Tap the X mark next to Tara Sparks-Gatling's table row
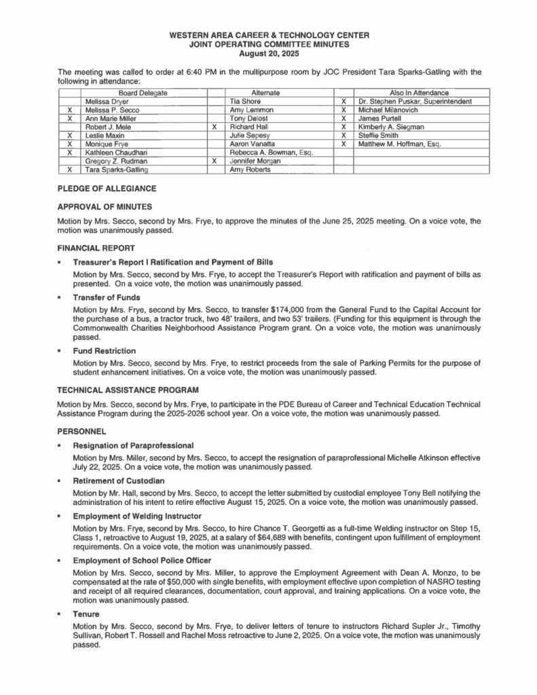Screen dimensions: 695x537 pos(69,170)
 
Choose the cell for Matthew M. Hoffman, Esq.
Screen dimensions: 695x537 pos(399,144)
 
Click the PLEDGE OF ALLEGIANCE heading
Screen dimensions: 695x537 pos(107,188)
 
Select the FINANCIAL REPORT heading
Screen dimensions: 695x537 pos(96,248)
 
